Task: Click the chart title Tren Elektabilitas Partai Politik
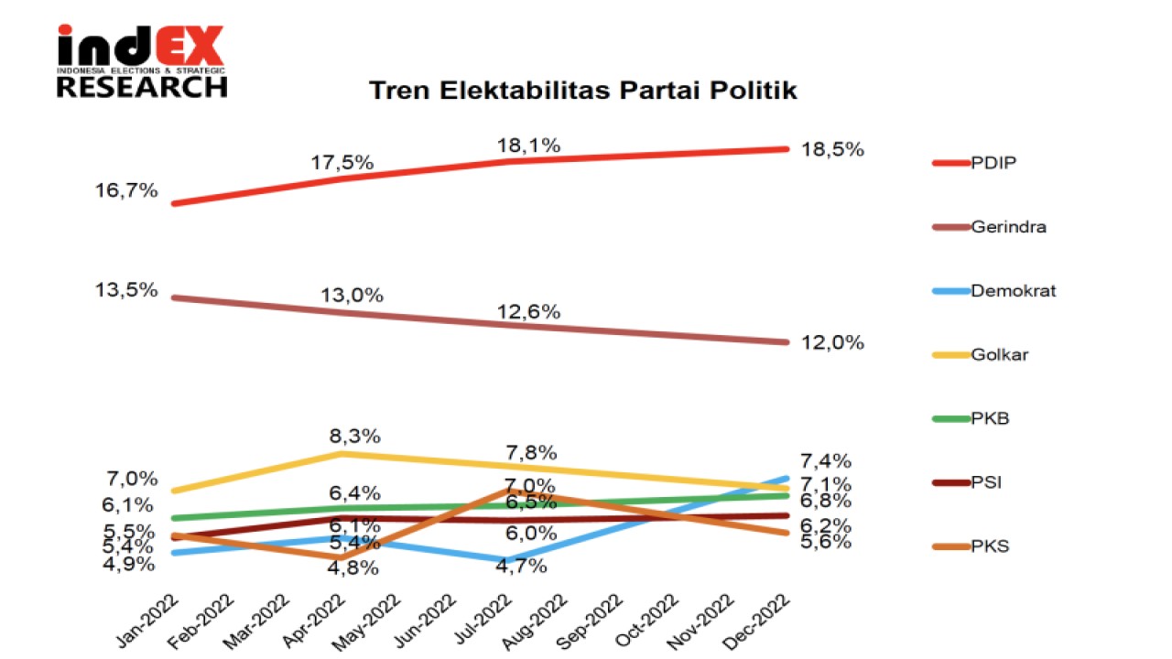[582, 91]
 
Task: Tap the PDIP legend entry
[994, 163]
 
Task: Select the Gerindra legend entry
[1008, 227]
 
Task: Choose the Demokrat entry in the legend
[1014, 291]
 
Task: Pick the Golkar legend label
[999, 354]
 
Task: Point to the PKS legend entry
[990, 546]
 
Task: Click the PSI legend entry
[986, 482]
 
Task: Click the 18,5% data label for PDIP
[832, 149]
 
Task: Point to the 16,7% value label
[125, 191]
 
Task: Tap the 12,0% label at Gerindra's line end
[832, 342]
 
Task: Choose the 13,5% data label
[125, 290]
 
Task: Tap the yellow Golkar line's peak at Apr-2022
[342, 453]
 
